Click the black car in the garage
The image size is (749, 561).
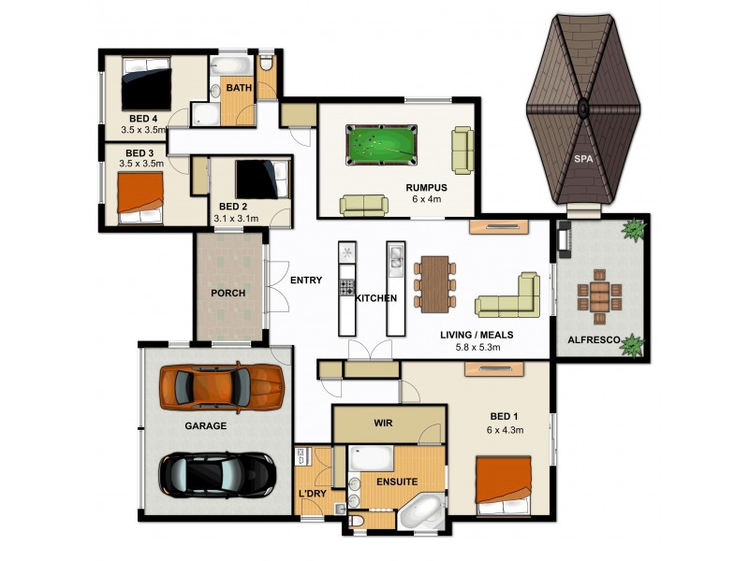click(216, 474)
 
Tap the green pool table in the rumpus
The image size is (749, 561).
click(382, 142)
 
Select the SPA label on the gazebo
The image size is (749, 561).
click(584, 159)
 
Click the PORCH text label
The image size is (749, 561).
click(228, 293)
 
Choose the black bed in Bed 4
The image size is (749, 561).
click(145, 86)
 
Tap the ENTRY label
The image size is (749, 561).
click(306, 280)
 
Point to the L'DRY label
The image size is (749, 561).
click(312, 493)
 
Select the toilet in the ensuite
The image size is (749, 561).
click(357, 520)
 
